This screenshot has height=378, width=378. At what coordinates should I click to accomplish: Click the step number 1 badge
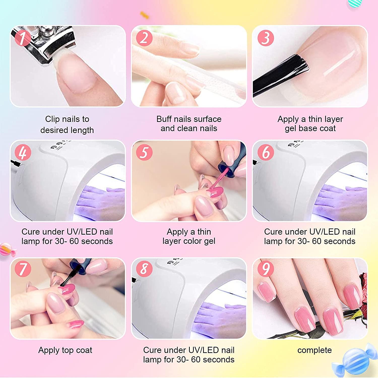[x=23, y=38]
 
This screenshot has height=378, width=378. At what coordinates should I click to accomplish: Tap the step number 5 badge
[x=144, y=152]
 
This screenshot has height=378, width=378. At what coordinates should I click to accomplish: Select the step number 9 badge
[x=266, y=269]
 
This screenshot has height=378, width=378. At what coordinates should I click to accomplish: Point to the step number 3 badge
[x=266, y=38]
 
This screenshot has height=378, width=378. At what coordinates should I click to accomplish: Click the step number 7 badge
[x=23, y=269]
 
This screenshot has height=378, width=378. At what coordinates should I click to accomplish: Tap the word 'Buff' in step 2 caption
[x=164, y=119]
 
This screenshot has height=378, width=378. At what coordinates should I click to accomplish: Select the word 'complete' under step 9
[x=314, y=350]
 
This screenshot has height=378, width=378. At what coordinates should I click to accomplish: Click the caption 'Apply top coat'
[x=65, y=350]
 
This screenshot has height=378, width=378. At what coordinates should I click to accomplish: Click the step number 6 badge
[x=266, y=152]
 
